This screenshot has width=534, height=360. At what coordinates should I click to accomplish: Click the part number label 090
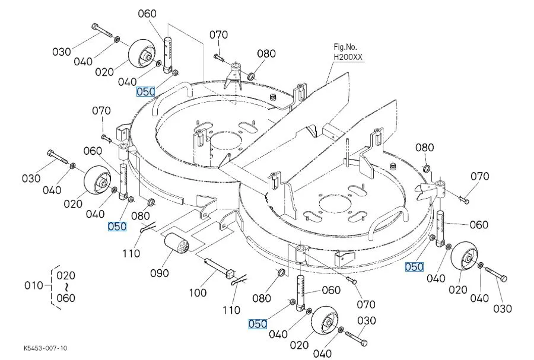coord(160,273)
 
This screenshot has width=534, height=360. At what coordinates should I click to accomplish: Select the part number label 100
coord(198,292)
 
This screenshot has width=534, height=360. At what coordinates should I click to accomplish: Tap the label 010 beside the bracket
coord(34,285)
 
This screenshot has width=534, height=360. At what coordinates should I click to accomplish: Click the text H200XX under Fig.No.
coord(348,57)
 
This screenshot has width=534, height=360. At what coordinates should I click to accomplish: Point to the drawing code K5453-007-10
coord(46,348)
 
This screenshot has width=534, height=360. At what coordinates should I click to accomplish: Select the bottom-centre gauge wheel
coord(325,320)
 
